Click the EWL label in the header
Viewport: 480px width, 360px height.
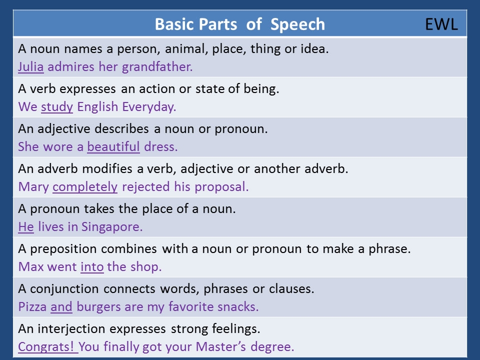tap(441, 24)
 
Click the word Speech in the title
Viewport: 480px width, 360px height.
tap(297, 25)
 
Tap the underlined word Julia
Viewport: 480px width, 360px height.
tap(30, 66)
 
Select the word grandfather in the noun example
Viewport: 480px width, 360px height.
tap(157, 66)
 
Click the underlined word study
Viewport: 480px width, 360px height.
tap(57, 107)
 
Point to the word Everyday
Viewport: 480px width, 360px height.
tap(149, 107)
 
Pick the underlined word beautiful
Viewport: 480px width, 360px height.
tap(113, 146)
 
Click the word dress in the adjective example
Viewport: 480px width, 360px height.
tap(160, 147)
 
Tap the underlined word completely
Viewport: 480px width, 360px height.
tap(85, 187)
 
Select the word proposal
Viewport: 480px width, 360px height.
tap(221, 187)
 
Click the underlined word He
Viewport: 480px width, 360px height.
tap(25, 227)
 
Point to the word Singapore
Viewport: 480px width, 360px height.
tap(112, 227)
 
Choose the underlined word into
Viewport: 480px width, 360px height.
tap(92, 267)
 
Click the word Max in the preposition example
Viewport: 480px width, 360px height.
tap(30, 267)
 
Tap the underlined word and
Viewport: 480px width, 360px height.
tap(61, 306)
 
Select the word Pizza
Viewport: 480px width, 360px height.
tap(32, 306)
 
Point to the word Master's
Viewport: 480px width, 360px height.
tap(220, 347)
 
